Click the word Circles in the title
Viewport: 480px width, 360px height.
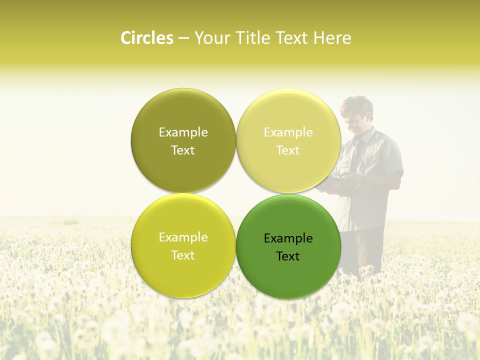click(x=146, y=38)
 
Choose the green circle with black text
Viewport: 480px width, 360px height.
click(x=288, y=277)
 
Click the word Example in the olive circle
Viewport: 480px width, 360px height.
click(x=183, y=132)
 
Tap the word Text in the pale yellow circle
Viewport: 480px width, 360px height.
click(x=288, y=150)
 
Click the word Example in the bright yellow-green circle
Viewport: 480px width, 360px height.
click(x=183, y=237)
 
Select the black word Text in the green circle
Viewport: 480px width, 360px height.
click(x=288, y=256)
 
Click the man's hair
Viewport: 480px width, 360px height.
click(x=357, y=104)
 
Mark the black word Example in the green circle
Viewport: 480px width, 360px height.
click(x=288, y=238)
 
